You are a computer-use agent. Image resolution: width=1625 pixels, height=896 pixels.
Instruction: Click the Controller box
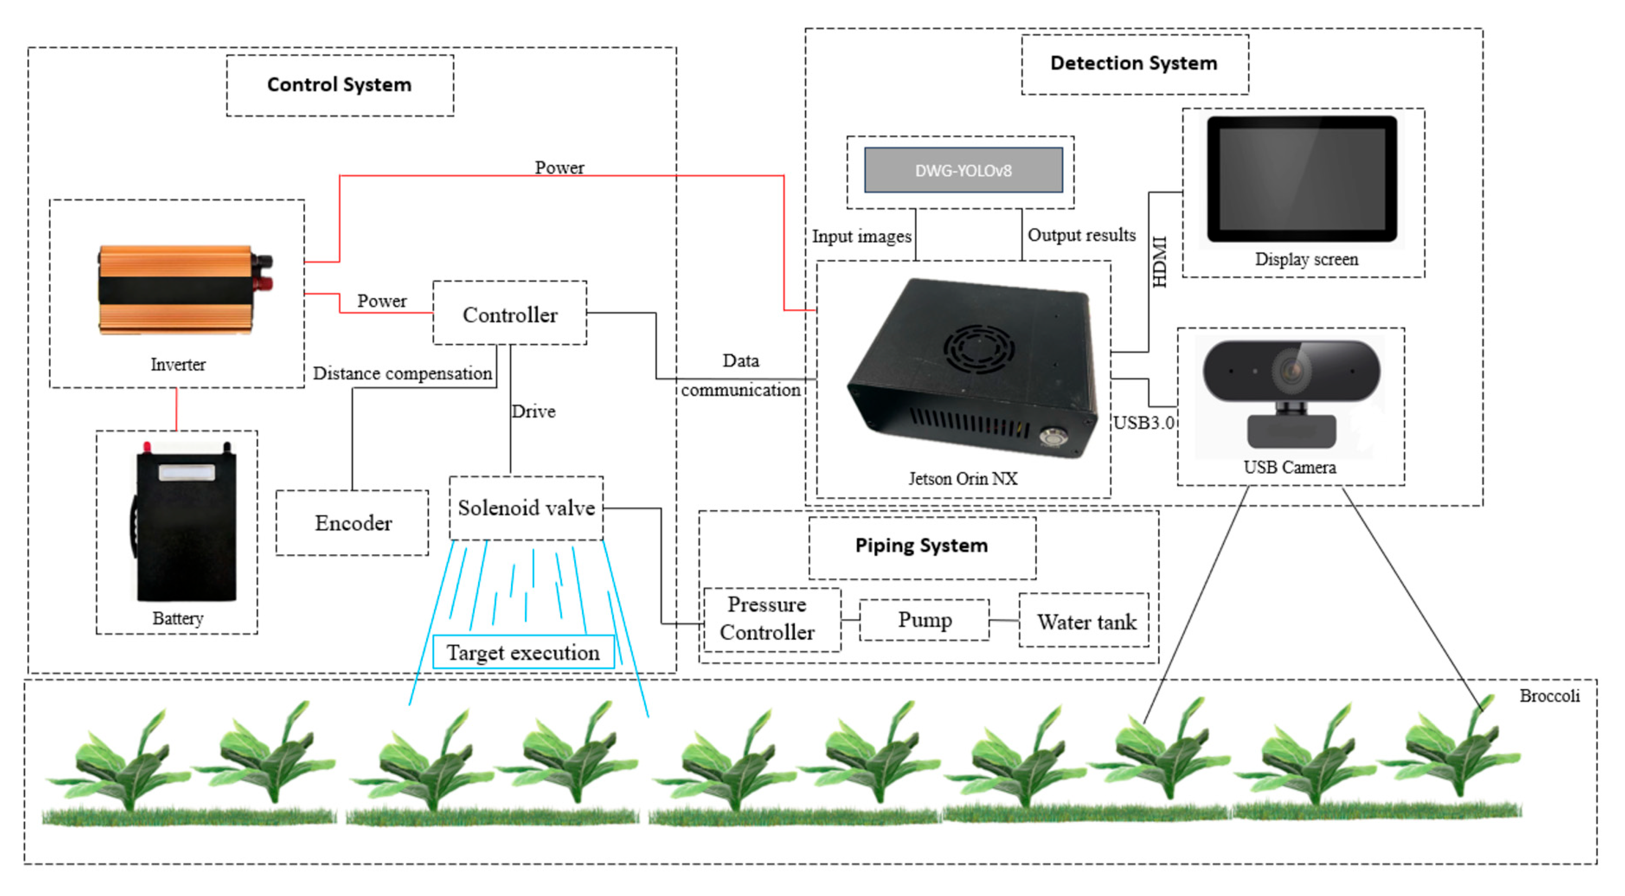point(510,314)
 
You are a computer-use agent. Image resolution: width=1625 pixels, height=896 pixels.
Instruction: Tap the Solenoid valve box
point(526,508)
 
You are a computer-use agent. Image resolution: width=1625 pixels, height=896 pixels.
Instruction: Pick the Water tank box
point(1085,622)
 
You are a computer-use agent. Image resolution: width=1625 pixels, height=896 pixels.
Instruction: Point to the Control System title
point(339,85)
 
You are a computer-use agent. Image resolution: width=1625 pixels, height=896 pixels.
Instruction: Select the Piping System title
point(921,545)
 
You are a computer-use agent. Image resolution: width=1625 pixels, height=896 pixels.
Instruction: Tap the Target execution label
point(523,653)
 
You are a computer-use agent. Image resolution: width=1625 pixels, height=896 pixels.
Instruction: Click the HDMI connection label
point(1160,262)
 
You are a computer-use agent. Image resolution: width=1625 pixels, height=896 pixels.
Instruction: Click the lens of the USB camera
point(1291,370)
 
